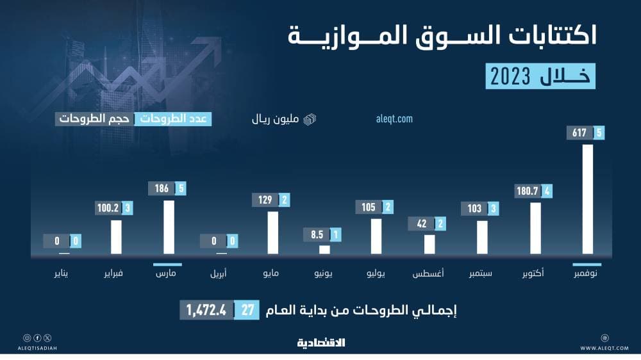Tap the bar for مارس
[169, 227]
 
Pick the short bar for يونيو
[324, 249]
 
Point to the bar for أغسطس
[429, 244]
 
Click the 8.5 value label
[317, 234]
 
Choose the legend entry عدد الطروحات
[172, 119]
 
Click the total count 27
[247, 310]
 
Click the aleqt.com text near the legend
[394, 119]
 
